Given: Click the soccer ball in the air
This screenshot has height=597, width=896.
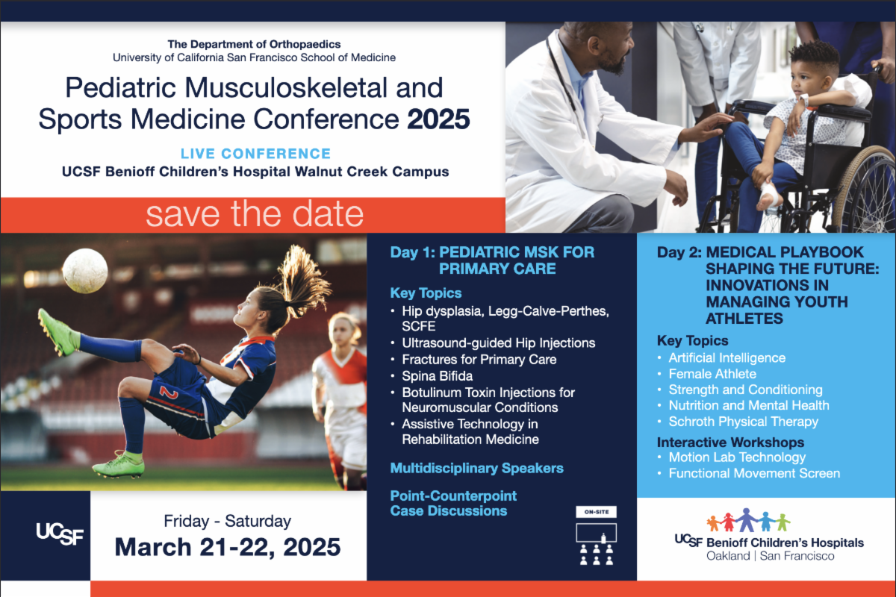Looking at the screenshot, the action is [85, 271].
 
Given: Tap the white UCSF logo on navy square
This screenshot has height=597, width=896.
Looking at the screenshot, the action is [60, 534].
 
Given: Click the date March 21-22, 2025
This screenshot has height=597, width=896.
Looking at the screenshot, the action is [228, 546].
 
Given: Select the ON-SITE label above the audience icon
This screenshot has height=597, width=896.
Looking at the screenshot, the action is [596, 512].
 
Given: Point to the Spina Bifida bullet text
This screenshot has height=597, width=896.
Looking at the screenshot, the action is [438, 376].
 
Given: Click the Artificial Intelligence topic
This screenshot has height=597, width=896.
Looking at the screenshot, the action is [727, 357].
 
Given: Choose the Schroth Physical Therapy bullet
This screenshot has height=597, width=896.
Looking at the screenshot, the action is [743, 422].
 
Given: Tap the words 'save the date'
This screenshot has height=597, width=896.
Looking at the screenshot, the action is [255, 214].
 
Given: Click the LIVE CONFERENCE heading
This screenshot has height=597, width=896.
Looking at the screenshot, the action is [255, 153].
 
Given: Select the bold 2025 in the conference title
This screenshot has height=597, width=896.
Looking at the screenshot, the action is [438, 119].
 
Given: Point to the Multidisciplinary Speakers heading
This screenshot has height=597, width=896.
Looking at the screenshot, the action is [476, 468].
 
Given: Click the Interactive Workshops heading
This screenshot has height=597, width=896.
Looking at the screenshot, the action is [730, 443].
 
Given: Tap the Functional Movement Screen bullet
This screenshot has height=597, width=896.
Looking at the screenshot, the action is [754, 473].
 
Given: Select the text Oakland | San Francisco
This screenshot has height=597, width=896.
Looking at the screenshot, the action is [770, 556].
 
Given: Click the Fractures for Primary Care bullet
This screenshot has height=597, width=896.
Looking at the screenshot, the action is [479, 360].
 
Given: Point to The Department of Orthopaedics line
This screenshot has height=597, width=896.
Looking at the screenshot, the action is [254, 44].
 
